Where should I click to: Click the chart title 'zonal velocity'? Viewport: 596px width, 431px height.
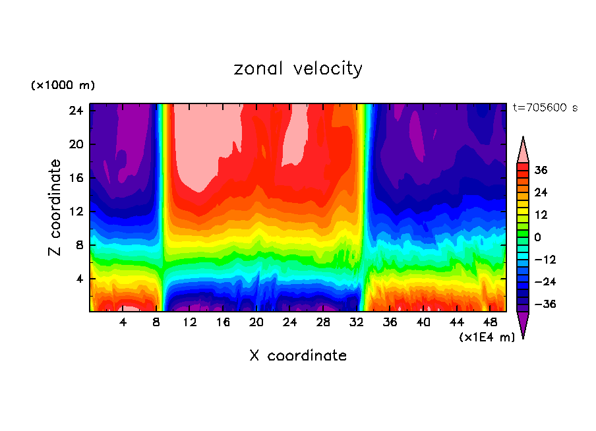pyautogui.click(x=298, y=69)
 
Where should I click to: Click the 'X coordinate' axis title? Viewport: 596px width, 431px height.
pyautogui.click(x=298, y=356)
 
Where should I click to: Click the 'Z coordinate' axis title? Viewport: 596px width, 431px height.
pyautogui.click(x=56, y=208)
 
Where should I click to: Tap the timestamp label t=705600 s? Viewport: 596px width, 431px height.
pyautogui.click(x=545, y=107)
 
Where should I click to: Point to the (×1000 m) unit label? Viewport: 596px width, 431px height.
pyautogui.click(x=63, y=86)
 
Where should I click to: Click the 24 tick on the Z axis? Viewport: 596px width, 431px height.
pyautogui.click(x=75, y=111)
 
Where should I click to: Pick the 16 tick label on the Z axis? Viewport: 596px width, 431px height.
pyautogui.click(x=75, y=178)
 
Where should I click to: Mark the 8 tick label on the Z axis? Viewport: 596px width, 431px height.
pyautogui.click(x=79, y=245)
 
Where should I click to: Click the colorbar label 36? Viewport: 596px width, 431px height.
pyautogui.click(x=541, y=170)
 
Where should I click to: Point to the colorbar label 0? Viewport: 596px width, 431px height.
pyautogui.click(x=538, y=237)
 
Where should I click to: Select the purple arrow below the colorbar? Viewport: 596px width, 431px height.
pyautogui.click(x=523, y=324)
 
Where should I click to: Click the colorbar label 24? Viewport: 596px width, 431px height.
pyautogui.click(x=541, y=192)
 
